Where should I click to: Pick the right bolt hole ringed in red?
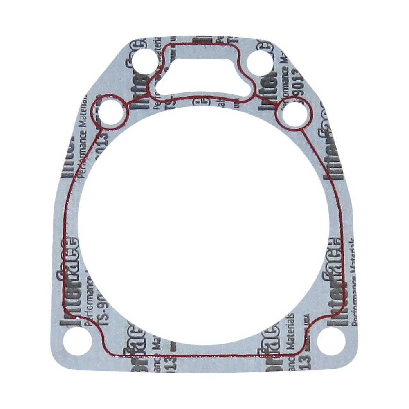pos(294,116)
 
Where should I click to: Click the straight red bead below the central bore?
pos(204,355)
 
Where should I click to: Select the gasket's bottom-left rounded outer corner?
pos(55,360)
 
